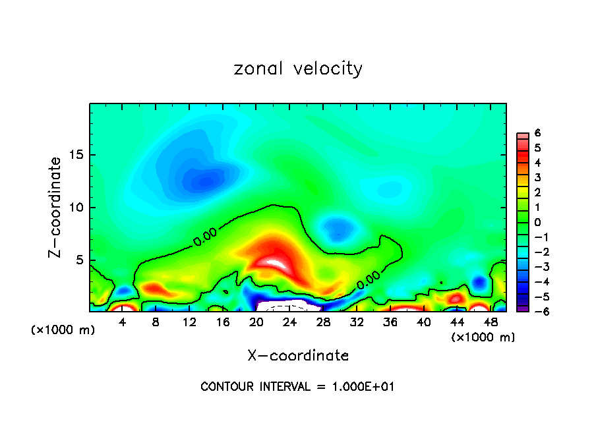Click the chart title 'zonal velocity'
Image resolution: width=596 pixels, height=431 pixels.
tap(298, 69)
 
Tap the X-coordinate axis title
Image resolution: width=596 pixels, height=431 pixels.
tap(298, 355)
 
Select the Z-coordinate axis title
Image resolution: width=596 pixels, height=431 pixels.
tap(57, 207)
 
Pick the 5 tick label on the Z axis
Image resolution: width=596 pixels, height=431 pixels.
tap(79, 260)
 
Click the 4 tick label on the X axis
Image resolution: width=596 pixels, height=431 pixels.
tap(123, 322)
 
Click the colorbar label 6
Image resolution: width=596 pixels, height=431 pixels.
tap(538, 133)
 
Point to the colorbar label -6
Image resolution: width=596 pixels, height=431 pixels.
tap(536, 310)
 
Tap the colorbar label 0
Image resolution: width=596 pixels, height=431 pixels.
tap(538, 222)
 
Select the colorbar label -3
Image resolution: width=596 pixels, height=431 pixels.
tap(536, 266)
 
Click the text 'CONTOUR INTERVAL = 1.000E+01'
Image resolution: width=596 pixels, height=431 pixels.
tap(297, 386)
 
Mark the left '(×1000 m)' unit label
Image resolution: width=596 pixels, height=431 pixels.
tap(63, 330)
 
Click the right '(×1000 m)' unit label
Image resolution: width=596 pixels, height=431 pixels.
tap(483, 337)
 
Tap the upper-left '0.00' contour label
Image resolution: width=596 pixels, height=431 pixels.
tap(205, 241)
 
